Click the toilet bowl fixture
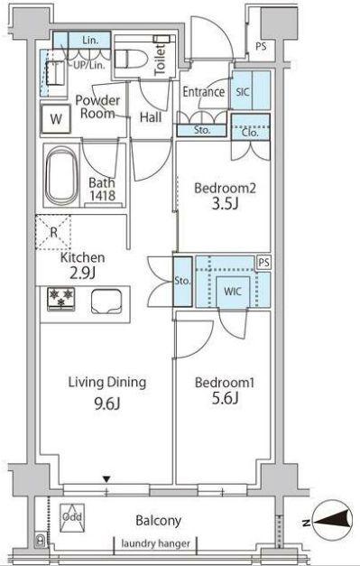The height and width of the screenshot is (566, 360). click(x=132, y=58)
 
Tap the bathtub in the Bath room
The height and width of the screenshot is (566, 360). click(x=61, y=176)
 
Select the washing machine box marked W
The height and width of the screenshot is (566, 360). click(x=56, y=119)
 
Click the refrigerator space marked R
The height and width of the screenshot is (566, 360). click(x=53, y=233)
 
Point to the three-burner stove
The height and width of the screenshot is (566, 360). click(x=61, y=299)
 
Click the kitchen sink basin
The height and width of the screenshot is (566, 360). click(x=106, y=301)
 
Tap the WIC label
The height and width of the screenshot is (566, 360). click(x=232, y=292)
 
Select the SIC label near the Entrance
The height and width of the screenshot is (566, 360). click(x=243, y=92)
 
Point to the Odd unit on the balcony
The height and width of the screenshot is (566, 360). click(x=72, y=518)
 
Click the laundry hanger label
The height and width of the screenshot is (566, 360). click(x=155, y=543)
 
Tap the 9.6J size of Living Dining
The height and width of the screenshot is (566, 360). click(x=107, y=404)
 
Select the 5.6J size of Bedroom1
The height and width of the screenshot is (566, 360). click(x=225, y=398)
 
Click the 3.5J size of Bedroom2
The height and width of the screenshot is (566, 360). click(x=225, y=204)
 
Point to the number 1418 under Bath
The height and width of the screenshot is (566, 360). click(x=103, y=195)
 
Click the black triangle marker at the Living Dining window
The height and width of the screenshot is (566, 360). click(x=106, y=479)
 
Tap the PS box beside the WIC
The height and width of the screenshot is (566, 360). click(x=264, y=263)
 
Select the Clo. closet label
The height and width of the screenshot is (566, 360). click(x=250, y=133)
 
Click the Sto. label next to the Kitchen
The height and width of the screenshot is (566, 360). click(x=182, y=281)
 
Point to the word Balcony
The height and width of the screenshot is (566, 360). click(x=158, y=521)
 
